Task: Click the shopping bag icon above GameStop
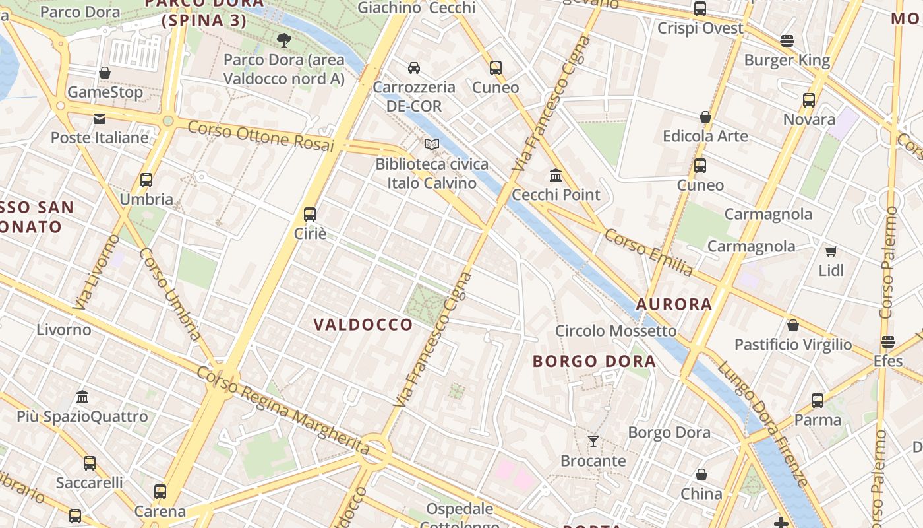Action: pyautogui.click(x=104, y=73)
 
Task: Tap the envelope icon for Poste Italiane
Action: pyautogui.click(x=100, y=119)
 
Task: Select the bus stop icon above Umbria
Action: pyautogui.click(x=146, y=180)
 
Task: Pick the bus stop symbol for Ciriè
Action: pyautogui.click(x=310, y=214)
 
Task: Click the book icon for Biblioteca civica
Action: pyautogui.click(x=432, y=144)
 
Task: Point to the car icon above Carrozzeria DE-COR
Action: pyautogui.click(x=414, y=67)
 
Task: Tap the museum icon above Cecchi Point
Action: pyautogui.click(x=556, y=175)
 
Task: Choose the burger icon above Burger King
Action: pyautogui.click(x=787, y=41)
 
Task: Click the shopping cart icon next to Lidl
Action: pyautogui.click(x=831, y=251)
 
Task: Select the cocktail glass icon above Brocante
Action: pyautogui.click(x=593, y=442)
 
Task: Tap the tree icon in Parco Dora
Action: pyautogui.click(x=284, y=40)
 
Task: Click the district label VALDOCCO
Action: pyautogui.click(x=363, y=325)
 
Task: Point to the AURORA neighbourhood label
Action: pyautogui.click(x=674, y=304)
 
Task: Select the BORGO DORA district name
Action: pyautogui.click(x=594, y=362)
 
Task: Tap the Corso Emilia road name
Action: pyautogui.click(x=649, y=253)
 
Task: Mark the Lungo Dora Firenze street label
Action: pyautogui.click(x=763, y=422)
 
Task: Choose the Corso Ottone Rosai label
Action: pyautogui.click(x=261, y=135)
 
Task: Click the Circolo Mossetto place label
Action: pyautogui.click(x=616, y=331)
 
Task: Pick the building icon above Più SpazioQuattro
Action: pyautogui.click(x=82, y=397)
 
